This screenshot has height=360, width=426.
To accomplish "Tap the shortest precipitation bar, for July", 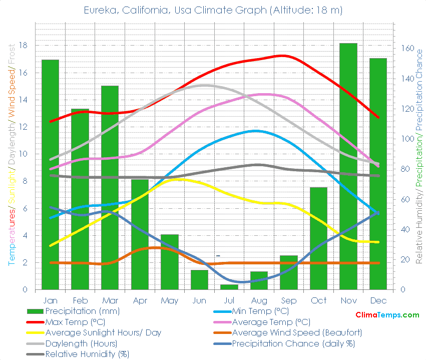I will click(x=229, y=287).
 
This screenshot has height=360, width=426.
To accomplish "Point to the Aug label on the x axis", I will click(x=259, y=300).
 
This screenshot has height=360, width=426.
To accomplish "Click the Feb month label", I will click(x=80, y=300).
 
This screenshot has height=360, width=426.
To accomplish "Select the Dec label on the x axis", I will click(x=378, y=300).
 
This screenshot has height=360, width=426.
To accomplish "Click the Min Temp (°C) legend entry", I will click(x=260, y=311).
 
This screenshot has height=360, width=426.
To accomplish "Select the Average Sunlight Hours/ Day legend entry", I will click(x=103, y=332).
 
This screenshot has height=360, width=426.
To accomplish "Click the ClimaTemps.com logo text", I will click(x=387, y=315).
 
